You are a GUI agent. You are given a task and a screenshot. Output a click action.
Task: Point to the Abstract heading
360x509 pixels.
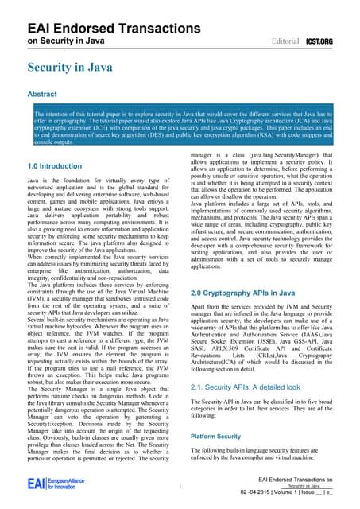coord(42,94)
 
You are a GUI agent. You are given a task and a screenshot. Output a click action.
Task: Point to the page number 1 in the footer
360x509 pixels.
coord(181,487)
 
